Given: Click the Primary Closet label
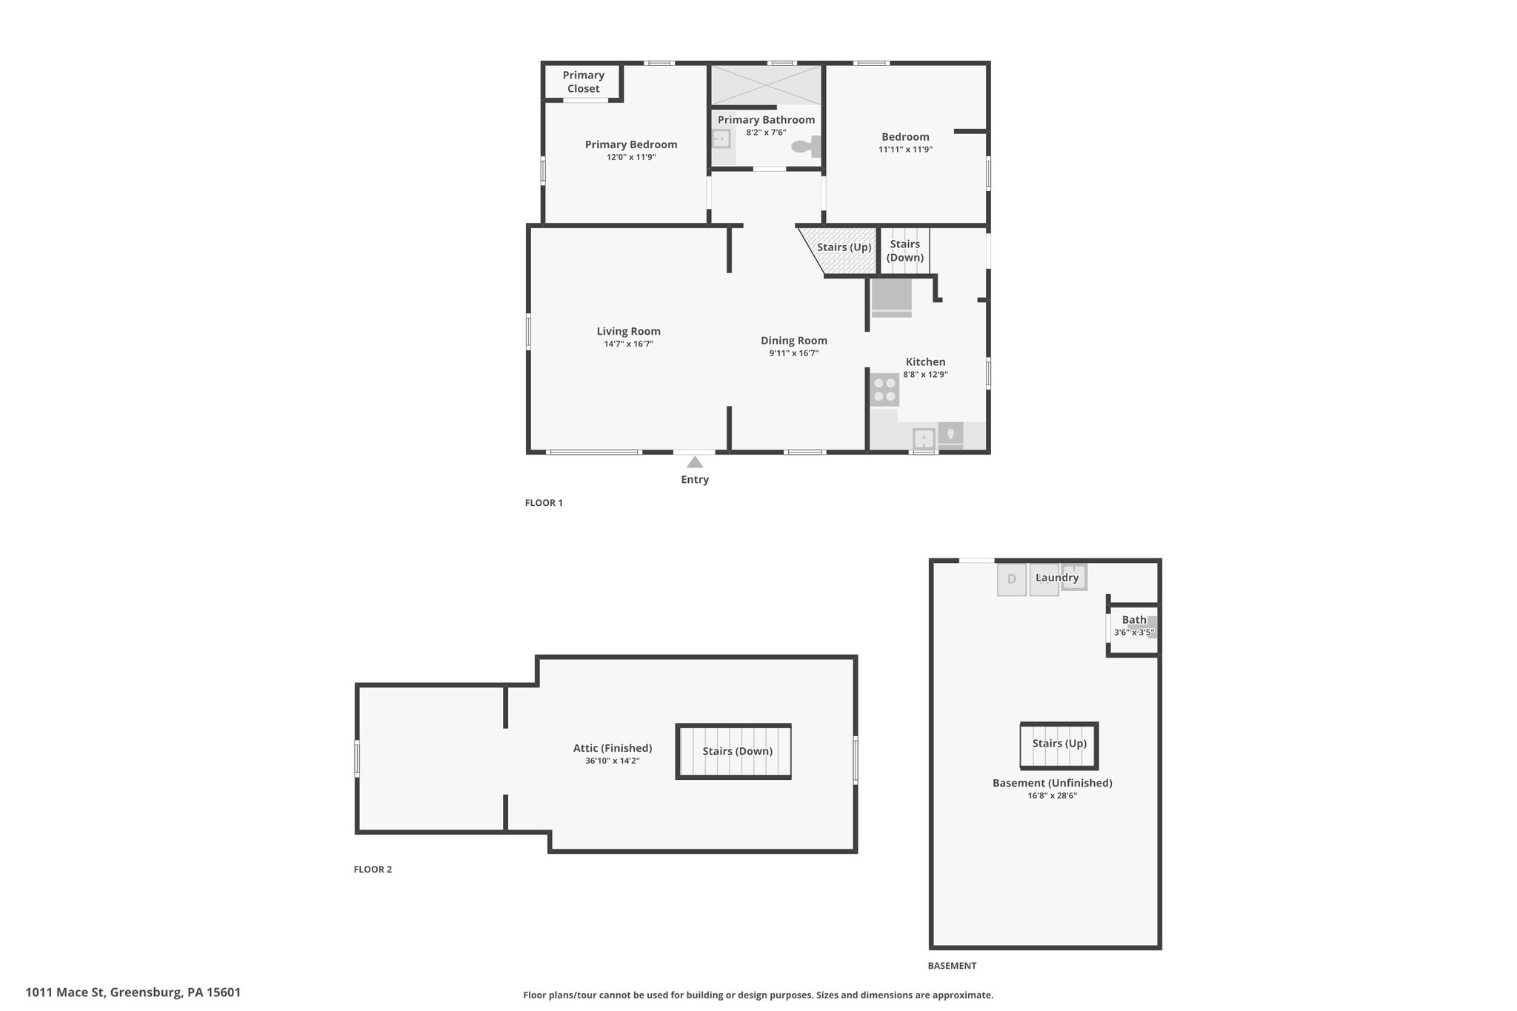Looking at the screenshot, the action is (584, 81).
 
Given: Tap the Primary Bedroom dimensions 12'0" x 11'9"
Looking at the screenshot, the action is (631, 157).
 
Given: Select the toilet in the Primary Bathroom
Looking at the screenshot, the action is (807, 147).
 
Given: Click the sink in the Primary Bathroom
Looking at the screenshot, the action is (721, 139).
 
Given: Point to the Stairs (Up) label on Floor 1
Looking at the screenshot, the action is (844, 247).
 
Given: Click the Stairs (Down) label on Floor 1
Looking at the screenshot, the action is (905, 251).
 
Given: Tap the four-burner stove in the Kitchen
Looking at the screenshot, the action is (884, 390).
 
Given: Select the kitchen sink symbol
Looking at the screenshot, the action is (924, 438).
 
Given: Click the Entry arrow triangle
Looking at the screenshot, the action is (695, 462).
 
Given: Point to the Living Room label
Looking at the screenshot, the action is (629, 331).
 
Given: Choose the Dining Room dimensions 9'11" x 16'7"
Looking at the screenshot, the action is (793, 353).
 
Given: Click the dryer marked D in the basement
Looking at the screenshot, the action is (1012, 579).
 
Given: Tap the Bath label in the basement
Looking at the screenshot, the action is (1134, 620).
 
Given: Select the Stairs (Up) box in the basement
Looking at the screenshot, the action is (1059, 746).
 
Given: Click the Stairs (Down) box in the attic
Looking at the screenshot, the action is (734, 751).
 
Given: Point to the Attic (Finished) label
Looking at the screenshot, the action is (613, 748).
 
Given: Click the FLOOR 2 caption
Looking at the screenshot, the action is (373, 870).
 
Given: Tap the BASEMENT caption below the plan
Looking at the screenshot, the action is (952, 966).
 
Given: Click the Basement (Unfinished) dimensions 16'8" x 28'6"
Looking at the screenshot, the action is (1052, 795).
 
